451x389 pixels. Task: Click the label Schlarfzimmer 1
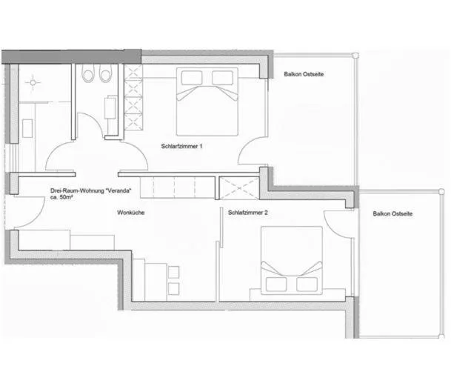click(x=181, y=147)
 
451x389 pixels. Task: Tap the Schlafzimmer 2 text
click(x=248, y=213)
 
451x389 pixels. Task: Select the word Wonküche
click(x=130, y=213)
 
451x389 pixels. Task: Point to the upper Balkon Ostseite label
click(x=304, y=74)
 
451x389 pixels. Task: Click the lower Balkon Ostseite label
click(x=392, y=213)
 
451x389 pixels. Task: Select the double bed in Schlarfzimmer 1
click(x=207, y=101)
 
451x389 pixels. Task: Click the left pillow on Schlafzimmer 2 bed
click(x=276, y=284)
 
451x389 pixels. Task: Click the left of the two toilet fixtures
click(x=88, y=75)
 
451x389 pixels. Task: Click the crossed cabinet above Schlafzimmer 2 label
click(x=239, y=187)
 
